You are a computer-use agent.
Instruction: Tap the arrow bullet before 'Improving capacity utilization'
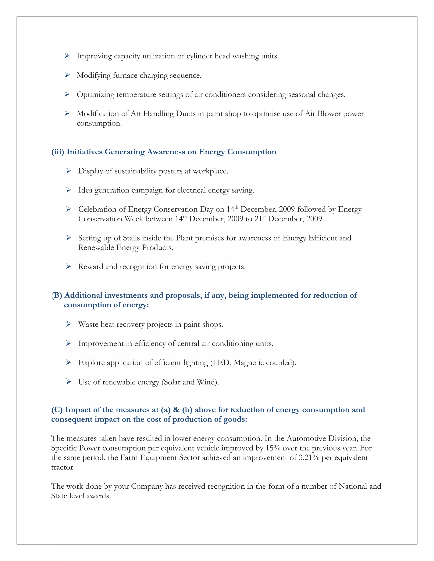[67, 56]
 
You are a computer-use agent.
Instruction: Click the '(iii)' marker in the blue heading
[58, 152]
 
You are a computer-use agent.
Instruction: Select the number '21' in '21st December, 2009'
[258, 219]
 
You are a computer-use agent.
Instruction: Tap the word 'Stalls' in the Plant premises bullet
[131, 238]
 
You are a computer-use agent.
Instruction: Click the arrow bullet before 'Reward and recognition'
[68, 266]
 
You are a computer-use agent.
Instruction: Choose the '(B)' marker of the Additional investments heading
[57, 295]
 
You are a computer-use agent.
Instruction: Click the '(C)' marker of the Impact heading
[57, 409]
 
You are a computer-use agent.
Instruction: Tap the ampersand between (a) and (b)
[176, 409]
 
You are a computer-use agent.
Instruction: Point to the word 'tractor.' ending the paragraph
[63, 467]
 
